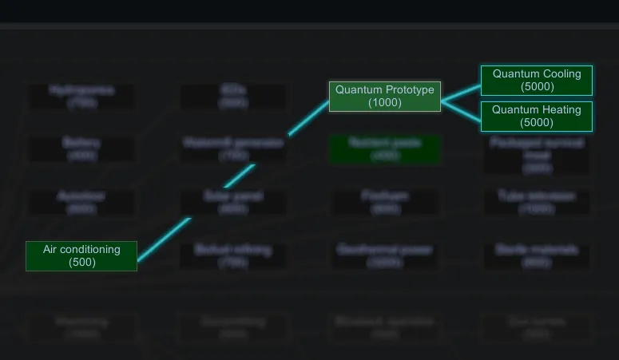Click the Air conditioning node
coord(81,255)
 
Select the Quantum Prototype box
coord(385,96)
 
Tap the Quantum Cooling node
coord(537,80)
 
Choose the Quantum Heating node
coord(537,116)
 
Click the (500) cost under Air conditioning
coord(81,262)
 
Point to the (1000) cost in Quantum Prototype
coord(385,103)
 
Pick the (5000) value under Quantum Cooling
coord(537,86)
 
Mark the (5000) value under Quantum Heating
coord(537,123)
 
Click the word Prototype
coord(410,89)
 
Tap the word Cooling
coord(561,73)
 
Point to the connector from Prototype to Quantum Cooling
coord(461,91)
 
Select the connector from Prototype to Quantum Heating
coord(461,109)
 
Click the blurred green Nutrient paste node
coord(385,149)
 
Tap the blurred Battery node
coord(81,149)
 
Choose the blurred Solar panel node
coord(233,202)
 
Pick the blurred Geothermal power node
coord(385,255)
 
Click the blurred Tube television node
coord(537,202)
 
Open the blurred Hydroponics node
coord(81,97)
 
